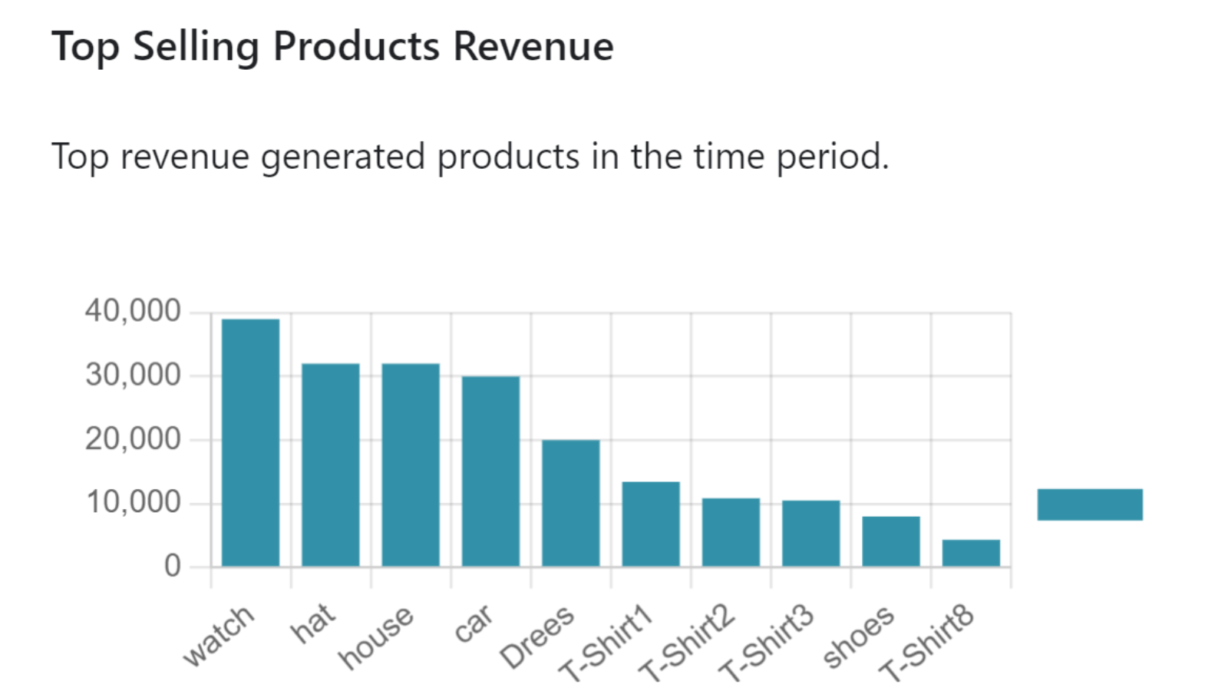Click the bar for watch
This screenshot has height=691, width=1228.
tap(250, 443)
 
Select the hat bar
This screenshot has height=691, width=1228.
tap(330, 465)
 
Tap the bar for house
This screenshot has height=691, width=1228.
tap(411, 465)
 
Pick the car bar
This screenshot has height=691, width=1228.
tap(490, 471)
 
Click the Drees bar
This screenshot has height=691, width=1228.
tap(570, 504)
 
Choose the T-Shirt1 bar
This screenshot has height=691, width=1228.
tap(651, 524)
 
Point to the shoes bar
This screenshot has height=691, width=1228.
tap(890, 541)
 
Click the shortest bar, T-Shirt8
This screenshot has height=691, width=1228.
tap(971, 553)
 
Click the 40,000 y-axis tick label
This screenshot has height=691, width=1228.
tap(133, 311)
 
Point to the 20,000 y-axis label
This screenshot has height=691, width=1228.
tap(133, 439)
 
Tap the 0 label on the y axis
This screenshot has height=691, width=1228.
tap(173, 567)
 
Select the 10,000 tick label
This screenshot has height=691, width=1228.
tap(133, 503)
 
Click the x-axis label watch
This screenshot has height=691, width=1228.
tap(218, 635)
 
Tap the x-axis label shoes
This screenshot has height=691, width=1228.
tap(858, 636)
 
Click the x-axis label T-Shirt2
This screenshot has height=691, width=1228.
tap(686, 643)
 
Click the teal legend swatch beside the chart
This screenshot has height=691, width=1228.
tap(1090, 504)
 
